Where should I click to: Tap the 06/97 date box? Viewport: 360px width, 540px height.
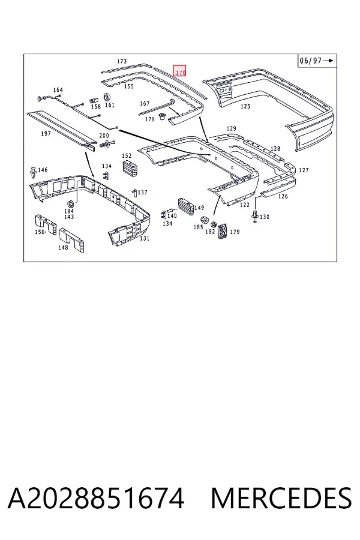316,61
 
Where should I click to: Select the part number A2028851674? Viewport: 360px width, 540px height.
96,498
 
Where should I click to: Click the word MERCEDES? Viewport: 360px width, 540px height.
281,498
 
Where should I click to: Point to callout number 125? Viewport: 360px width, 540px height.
245,106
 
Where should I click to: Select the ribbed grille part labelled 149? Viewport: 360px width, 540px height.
185,207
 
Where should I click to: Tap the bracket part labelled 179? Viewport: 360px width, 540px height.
223,232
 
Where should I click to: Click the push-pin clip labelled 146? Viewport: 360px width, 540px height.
34,173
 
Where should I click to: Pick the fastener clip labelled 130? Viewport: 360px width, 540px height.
255,216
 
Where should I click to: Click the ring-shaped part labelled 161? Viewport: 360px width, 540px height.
107,97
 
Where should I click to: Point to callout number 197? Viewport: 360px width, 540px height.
46,134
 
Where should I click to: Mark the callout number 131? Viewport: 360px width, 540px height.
145,238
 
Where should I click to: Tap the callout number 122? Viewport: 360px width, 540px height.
245,205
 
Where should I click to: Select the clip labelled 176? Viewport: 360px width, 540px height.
161,117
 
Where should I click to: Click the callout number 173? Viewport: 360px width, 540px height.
122,61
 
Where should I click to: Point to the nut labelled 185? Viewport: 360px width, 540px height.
204,220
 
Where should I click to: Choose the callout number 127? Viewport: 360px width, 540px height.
304,170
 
